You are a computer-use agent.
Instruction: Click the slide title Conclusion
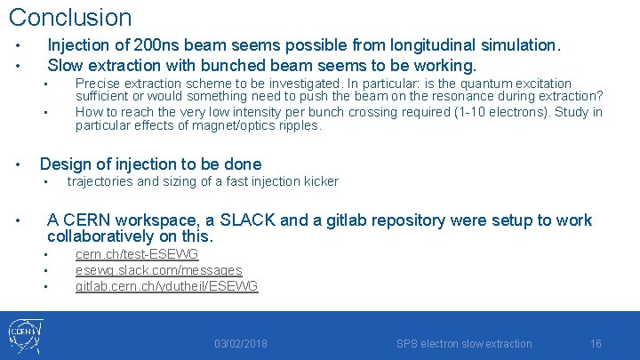69,17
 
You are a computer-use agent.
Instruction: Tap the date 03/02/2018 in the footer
240,344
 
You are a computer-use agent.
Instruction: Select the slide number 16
596,344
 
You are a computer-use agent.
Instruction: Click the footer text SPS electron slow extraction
464,344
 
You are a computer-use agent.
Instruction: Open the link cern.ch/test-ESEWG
137,255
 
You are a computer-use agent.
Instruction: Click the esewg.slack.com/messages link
158,270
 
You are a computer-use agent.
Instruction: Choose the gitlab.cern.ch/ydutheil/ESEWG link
166,286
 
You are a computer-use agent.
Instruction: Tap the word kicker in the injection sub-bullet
321,181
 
